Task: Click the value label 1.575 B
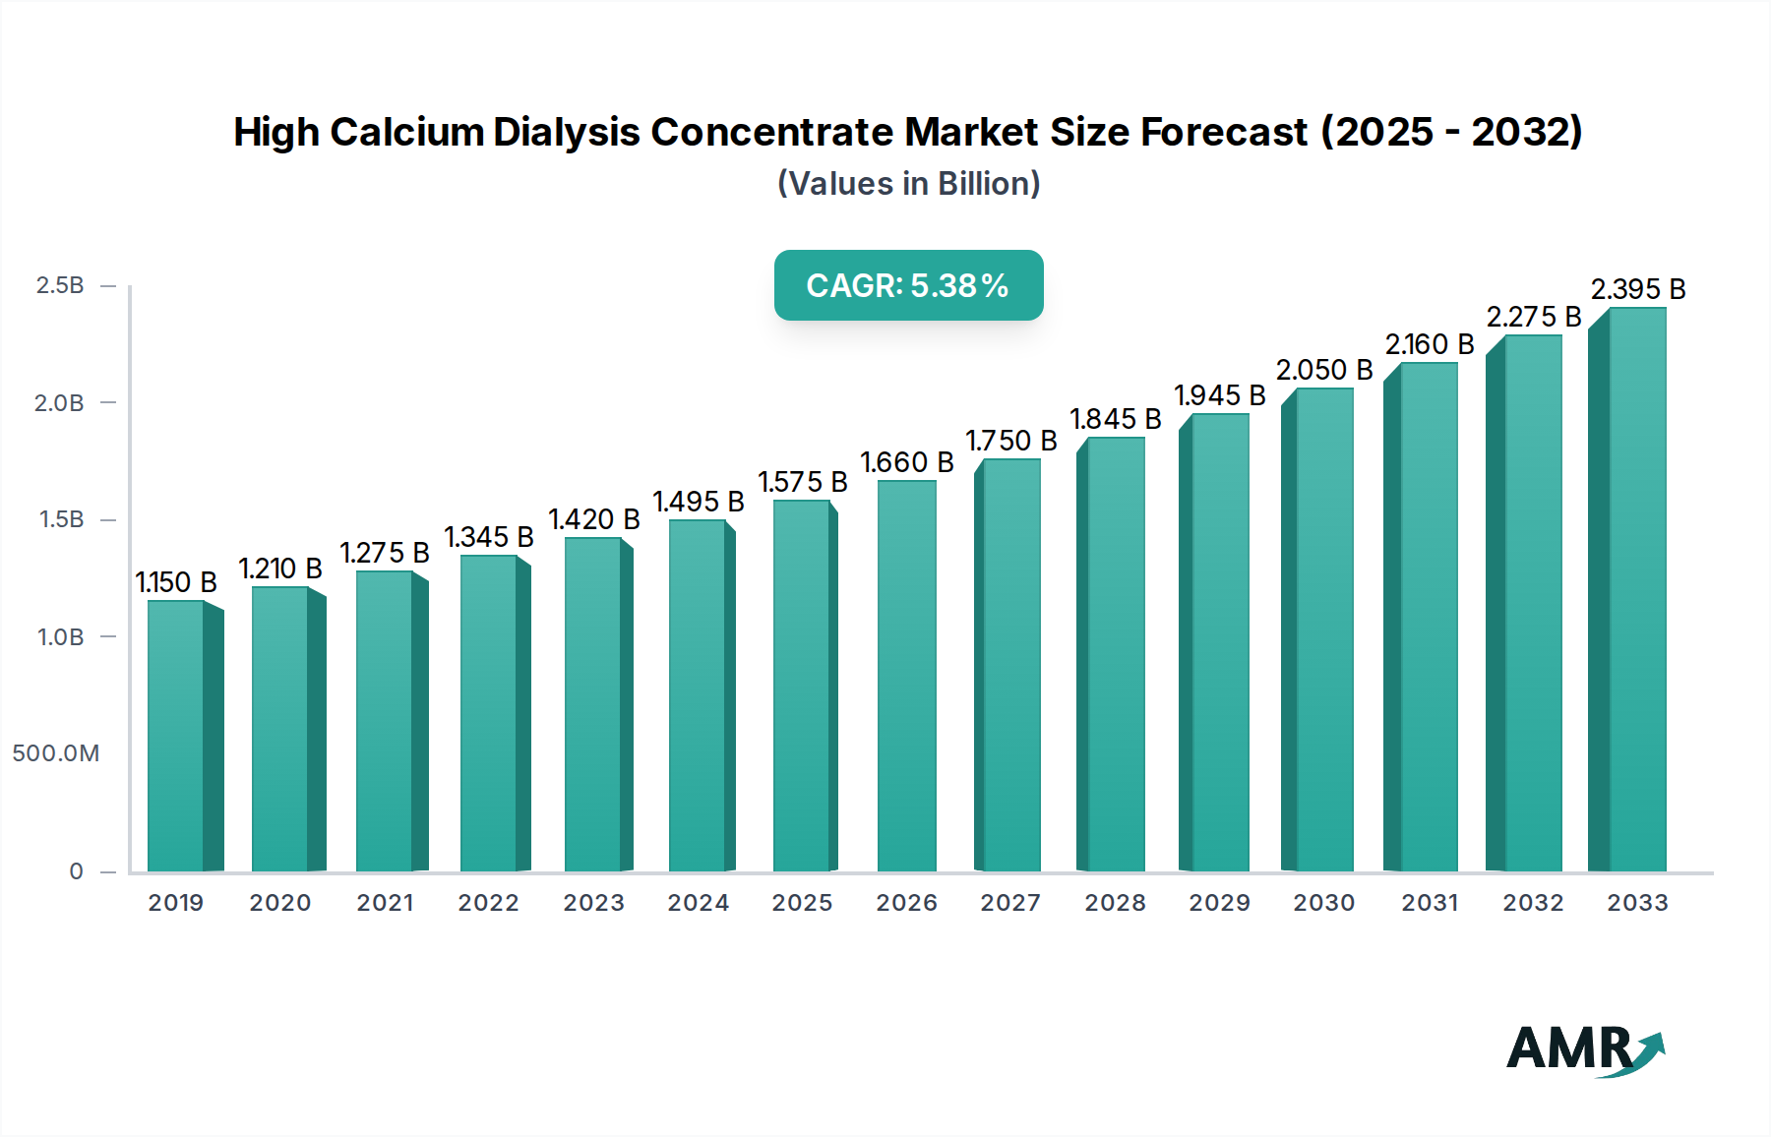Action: tap(802, 482)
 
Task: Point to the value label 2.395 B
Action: tap(1638, 289)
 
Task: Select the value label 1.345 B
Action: tap(489, 537)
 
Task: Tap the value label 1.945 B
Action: tap(1219, 395)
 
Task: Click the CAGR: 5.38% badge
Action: tap(908, 285)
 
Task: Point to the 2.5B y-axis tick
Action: tap(60, 285)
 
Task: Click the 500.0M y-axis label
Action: tap(56, 753)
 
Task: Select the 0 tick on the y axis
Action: tap(76, 871)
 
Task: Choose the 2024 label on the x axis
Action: tap(698, 903)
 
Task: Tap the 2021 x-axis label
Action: tap(385, 903)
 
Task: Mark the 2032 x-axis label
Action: tap(1532, 903)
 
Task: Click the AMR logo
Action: tap(1584, 1049)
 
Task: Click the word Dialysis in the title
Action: tap(566, 132)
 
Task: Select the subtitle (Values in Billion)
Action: tap(908, 184)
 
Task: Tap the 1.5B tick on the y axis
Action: tap(61, 519)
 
